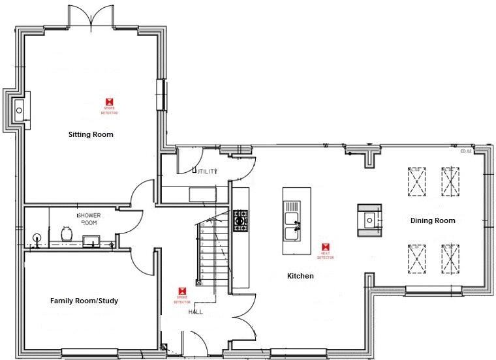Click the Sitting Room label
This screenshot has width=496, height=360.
[x=91, y=135]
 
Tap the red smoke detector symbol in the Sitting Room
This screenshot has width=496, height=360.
[x=110, y=102]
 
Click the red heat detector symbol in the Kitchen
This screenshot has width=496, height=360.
[x=326, y=247]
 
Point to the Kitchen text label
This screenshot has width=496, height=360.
[x=300, y=277]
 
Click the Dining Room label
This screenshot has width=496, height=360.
[x=433, y=220]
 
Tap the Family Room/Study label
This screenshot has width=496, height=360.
[x=84, y=301]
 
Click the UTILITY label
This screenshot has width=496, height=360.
[x=204, y=172]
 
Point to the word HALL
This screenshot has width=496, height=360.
[x=196, y=312]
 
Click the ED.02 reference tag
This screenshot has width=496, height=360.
[x=465, y=151]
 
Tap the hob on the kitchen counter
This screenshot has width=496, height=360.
[x=240, y=220]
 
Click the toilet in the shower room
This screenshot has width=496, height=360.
[x=66, y=233]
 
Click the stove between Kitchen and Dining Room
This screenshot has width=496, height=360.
[x=369, y=221]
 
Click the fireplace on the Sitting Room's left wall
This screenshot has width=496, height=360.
[x=18, y=109]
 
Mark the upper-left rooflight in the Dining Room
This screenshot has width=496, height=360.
[x=416, y=181]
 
